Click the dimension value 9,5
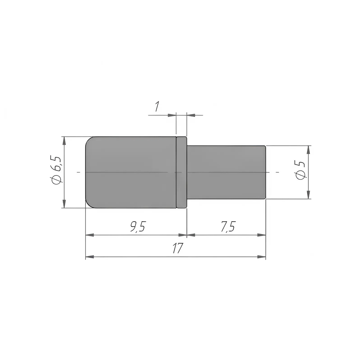pos(138,227)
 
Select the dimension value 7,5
pos(228,227)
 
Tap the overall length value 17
pos(178,248)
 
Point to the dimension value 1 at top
pos(157,106)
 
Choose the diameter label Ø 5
pos(301,170)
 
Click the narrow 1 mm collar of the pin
pos(182,172)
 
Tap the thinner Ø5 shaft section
pos(226,172)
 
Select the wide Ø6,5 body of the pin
pos(131,172)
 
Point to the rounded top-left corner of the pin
pos(89,139)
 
